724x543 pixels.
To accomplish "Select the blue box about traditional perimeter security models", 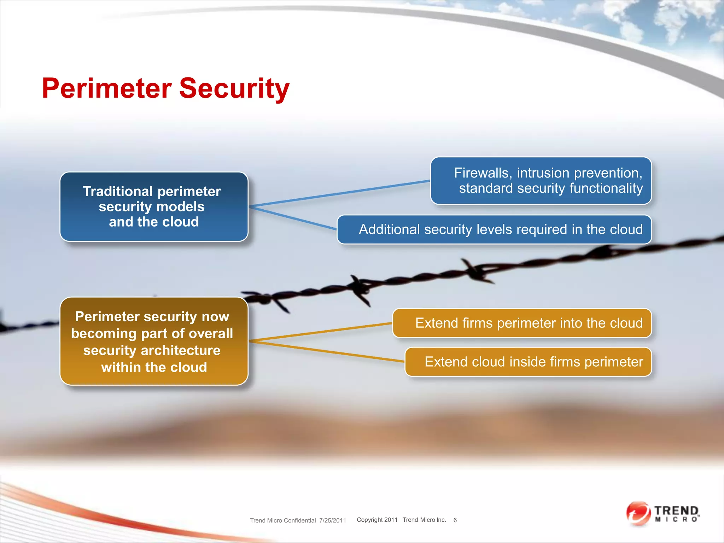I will point(154,207).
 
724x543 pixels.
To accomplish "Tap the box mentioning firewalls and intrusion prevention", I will point(541,181).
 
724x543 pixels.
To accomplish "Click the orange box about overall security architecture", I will point(154,341).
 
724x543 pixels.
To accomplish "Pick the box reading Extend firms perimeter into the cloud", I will point(522,323).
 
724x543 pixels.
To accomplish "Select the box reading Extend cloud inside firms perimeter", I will point(528,362).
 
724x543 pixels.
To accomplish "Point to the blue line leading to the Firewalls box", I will point(339,193).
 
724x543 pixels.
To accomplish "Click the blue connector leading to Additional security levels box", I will point(293,218).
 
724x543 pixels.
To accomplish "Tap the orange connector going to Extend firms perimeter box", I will point(320,332).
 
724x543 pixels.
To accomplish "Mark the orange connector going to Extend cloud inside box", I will point(327,351).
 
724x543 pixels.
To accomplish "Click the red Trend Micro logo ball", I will point(638,513).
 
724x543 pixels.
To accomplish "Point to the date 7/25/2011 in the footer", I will point(332,520).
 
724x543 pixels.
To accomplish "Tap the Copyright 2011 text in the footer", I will point(377,520).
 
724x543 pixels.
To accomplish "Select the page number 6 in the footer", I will point(455,520).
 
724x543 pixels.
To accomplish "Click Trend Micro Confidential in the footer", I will point(283,520).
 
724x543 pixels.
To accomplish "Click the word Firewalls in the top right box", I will point(483,173).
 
